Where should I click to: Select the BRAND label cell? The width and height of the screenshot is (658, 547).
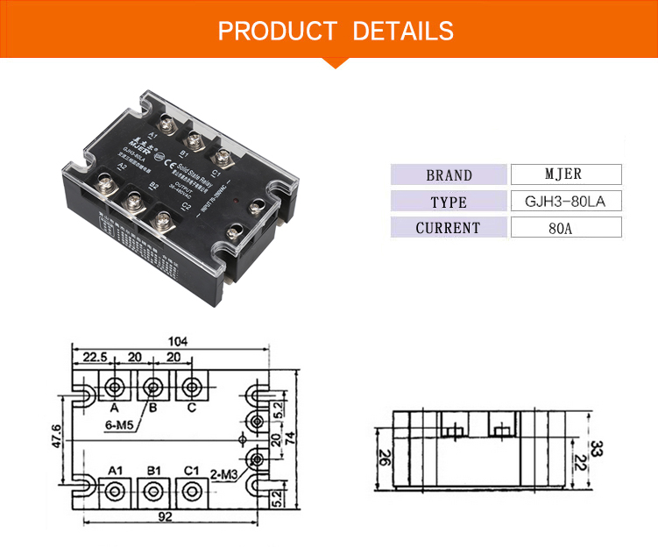click(x=449, y=174)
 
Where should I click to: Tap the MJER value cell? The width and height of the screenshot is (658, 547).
click(x=565, y=174)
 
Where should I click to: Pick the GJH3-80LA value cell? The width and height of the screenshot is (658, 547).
click(x=565, y=202)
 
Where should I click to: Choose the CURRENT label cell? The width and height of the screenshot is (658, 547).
click(x=449, y=228)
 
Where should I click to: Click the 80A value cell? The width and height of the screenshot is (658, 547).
click(x=565, y=228)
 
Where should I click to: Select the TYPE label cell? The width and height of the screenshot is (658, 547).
click(x=449, y=202)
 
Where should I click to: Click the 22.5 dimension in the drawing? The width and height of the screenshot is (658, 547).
click(x=95, y=357)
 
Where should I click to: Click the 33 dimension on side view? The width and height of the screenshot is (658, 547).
click(x=596, y=450)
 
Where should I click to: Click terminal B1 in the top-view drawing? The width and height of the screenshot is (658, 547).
click(x=153, y=490)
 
